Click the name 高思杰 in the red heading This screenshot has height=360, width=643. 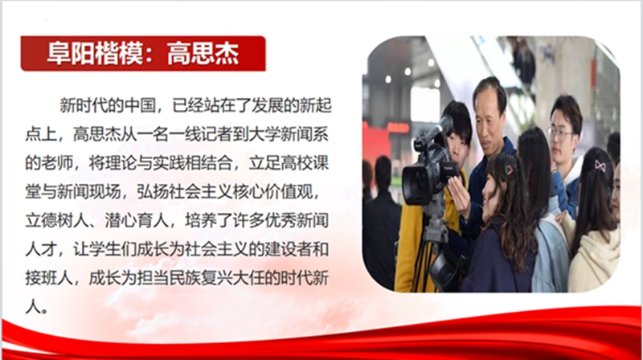(203, 54)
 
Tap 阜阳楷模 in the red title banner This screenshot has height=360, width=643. (96, 54)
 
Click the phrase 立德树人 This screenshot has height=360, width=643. (57, 221)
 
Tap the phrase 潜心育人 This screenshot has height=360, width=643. (137, 221)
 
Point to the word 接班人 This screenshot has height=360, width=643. (49, 278)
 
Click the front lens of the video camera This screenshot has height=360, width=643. (416, 186)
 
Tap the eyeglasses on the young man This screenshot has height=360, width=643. (560, 133)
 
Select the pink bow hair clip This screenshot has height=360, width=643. (600, 166)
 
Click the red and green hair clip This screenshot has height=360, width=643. (509, 170)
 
